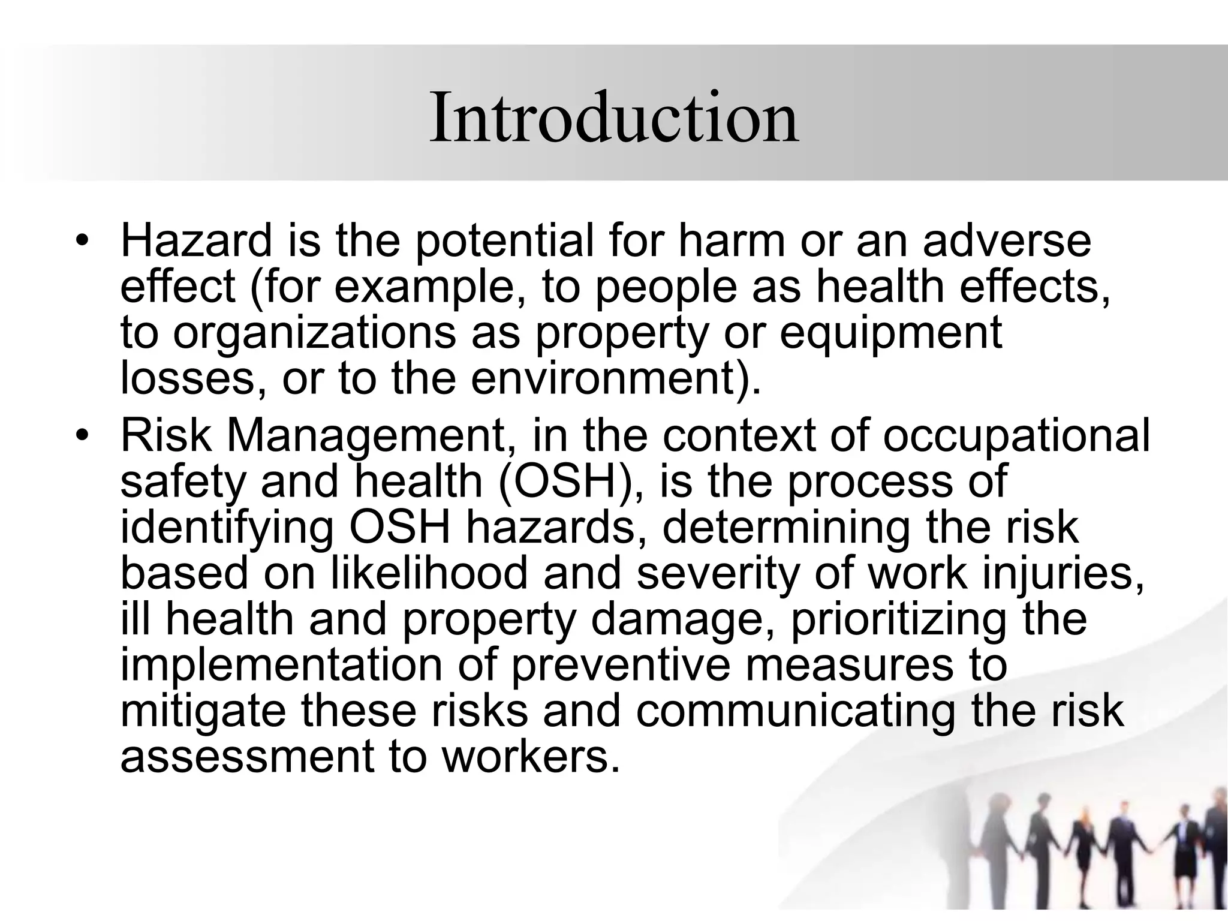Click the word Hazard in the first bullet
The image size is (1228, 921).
[x=197, y=240]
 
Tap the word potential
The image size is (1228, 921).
[x=504, y=240]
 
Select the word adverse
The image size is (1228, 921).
[x=1007, y=240]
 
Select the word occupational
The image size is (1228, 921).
[x=1016, y=435]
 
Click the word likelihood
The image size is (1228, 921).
[x=429, y=573]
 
